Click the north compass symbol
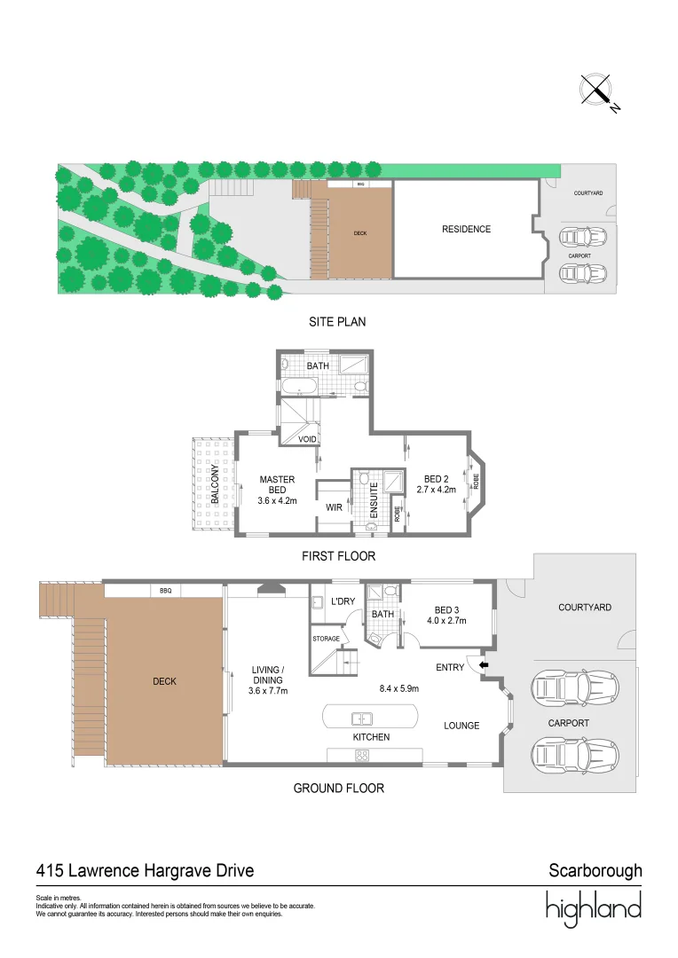597,90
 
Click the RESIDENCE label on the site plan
466,229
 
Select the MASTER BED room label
277,484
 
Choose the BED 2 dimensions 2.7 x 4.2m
439,491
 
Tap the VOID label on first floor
307,439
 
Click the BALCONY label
215,485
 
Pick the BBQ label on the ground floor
165,589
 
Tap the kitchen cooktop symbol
362,756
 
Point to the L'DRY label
343,602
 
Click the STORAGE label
326,638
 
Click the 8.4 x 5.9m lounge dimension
399,687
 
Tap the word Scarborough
595,871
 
